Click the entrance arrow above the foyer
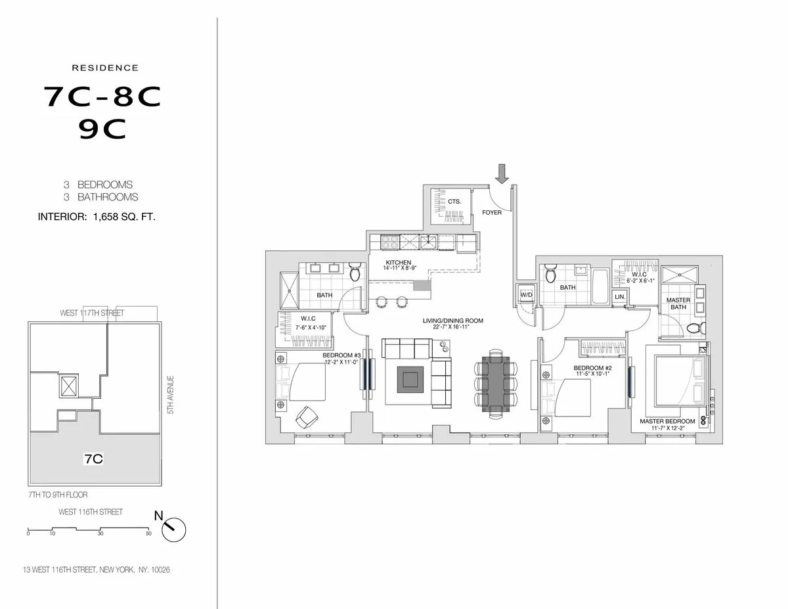[502, 173]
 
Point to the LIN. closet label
[619, 297]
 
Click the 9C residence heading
[102, 129]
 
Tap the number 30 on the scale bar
[100, 534]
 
